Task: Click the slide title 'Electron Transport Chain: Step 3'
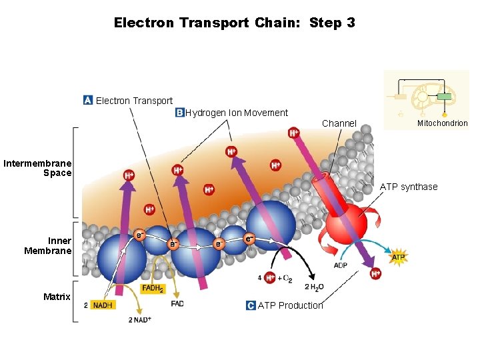[234, 23]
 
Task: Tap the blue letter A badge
[88, 100]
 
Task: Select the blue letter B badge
[179, 113]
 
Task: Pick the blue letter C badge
[251, 305]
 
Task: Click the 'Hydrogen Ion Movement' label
[237, 113]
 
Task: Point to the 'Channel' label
[339, 123]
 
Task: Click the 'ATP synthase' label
[409, 187]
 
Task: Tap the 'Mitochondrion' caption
[443, 123]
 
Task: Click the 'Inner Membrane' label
[48, 245]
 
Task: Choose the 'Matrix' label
[57, 297]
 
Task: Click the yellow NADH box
[102, 305]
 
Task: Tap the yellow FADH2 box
[153, 289]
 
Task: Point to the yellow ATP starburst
[398, 257]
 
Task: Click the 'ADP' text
[341, 266]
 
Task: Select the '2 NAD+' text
[140, 320]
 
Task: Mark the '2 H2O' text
[314, 287]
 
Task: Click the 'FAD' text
[177, 303]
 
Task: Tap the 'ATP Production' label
[290, 305]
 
